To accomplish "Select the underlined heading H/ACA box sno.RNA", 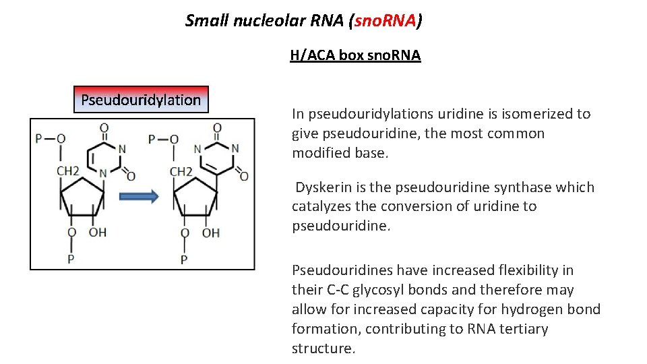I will click(x=355, y=55).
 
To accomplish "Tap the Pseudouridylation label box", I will click(x=141, y=100).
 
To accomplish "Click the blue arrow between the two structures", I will click(x=140, y=196).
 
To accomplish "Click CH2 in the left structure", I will click(x=68, y=172).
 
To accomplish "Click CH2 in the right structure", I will click(x=181, y=172).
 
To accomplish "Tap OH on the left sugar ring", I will click(x=98, y=233).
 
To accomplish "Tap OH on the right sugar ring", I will click(x=211, y=233).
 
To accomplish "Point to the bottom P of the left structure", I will click(x=71, y=259).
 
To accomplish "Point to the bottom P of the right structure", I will click(x=184, y=259).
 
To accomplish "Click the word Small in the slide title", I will click(x=207, y=21).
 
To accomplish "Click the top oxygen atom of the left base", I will click(x=104, y=127).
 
